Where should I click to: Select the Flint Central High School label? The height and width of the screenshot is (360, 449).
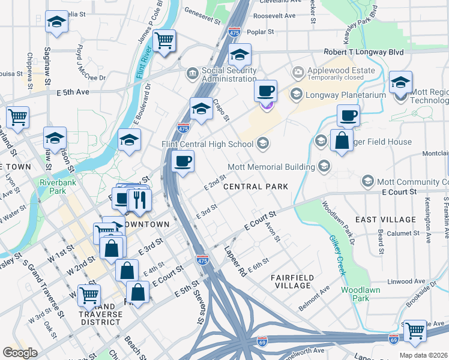pyautogui.click(x=207, y=144)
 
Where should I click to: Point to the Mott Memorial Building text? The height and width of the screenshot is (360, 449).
pyautogui.click(x=271, y=166)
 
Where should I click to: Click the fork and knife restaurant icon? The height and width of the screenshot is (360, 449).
pyautogui.click(x=139, y=199)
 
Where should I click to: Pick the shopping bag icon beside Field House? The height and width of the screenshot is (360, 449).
pyautogui.click(x=342, y=141)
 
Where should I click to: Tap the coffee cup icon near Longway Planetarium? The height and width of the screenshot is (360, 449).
pyautogui.click(x=265, y=91)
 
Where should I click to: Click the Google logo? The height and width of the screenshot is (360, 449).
pyautogui.click(x=20, y=353)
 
